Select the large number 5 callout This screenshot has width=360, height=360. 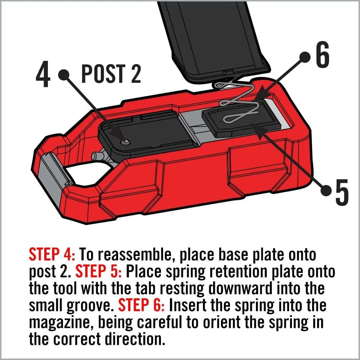[x=341, y=191]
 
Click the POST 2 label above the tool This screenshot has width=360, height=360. [x=111, y=74]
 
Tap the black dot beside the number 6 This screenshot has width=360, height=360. [x=305, y=57]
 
